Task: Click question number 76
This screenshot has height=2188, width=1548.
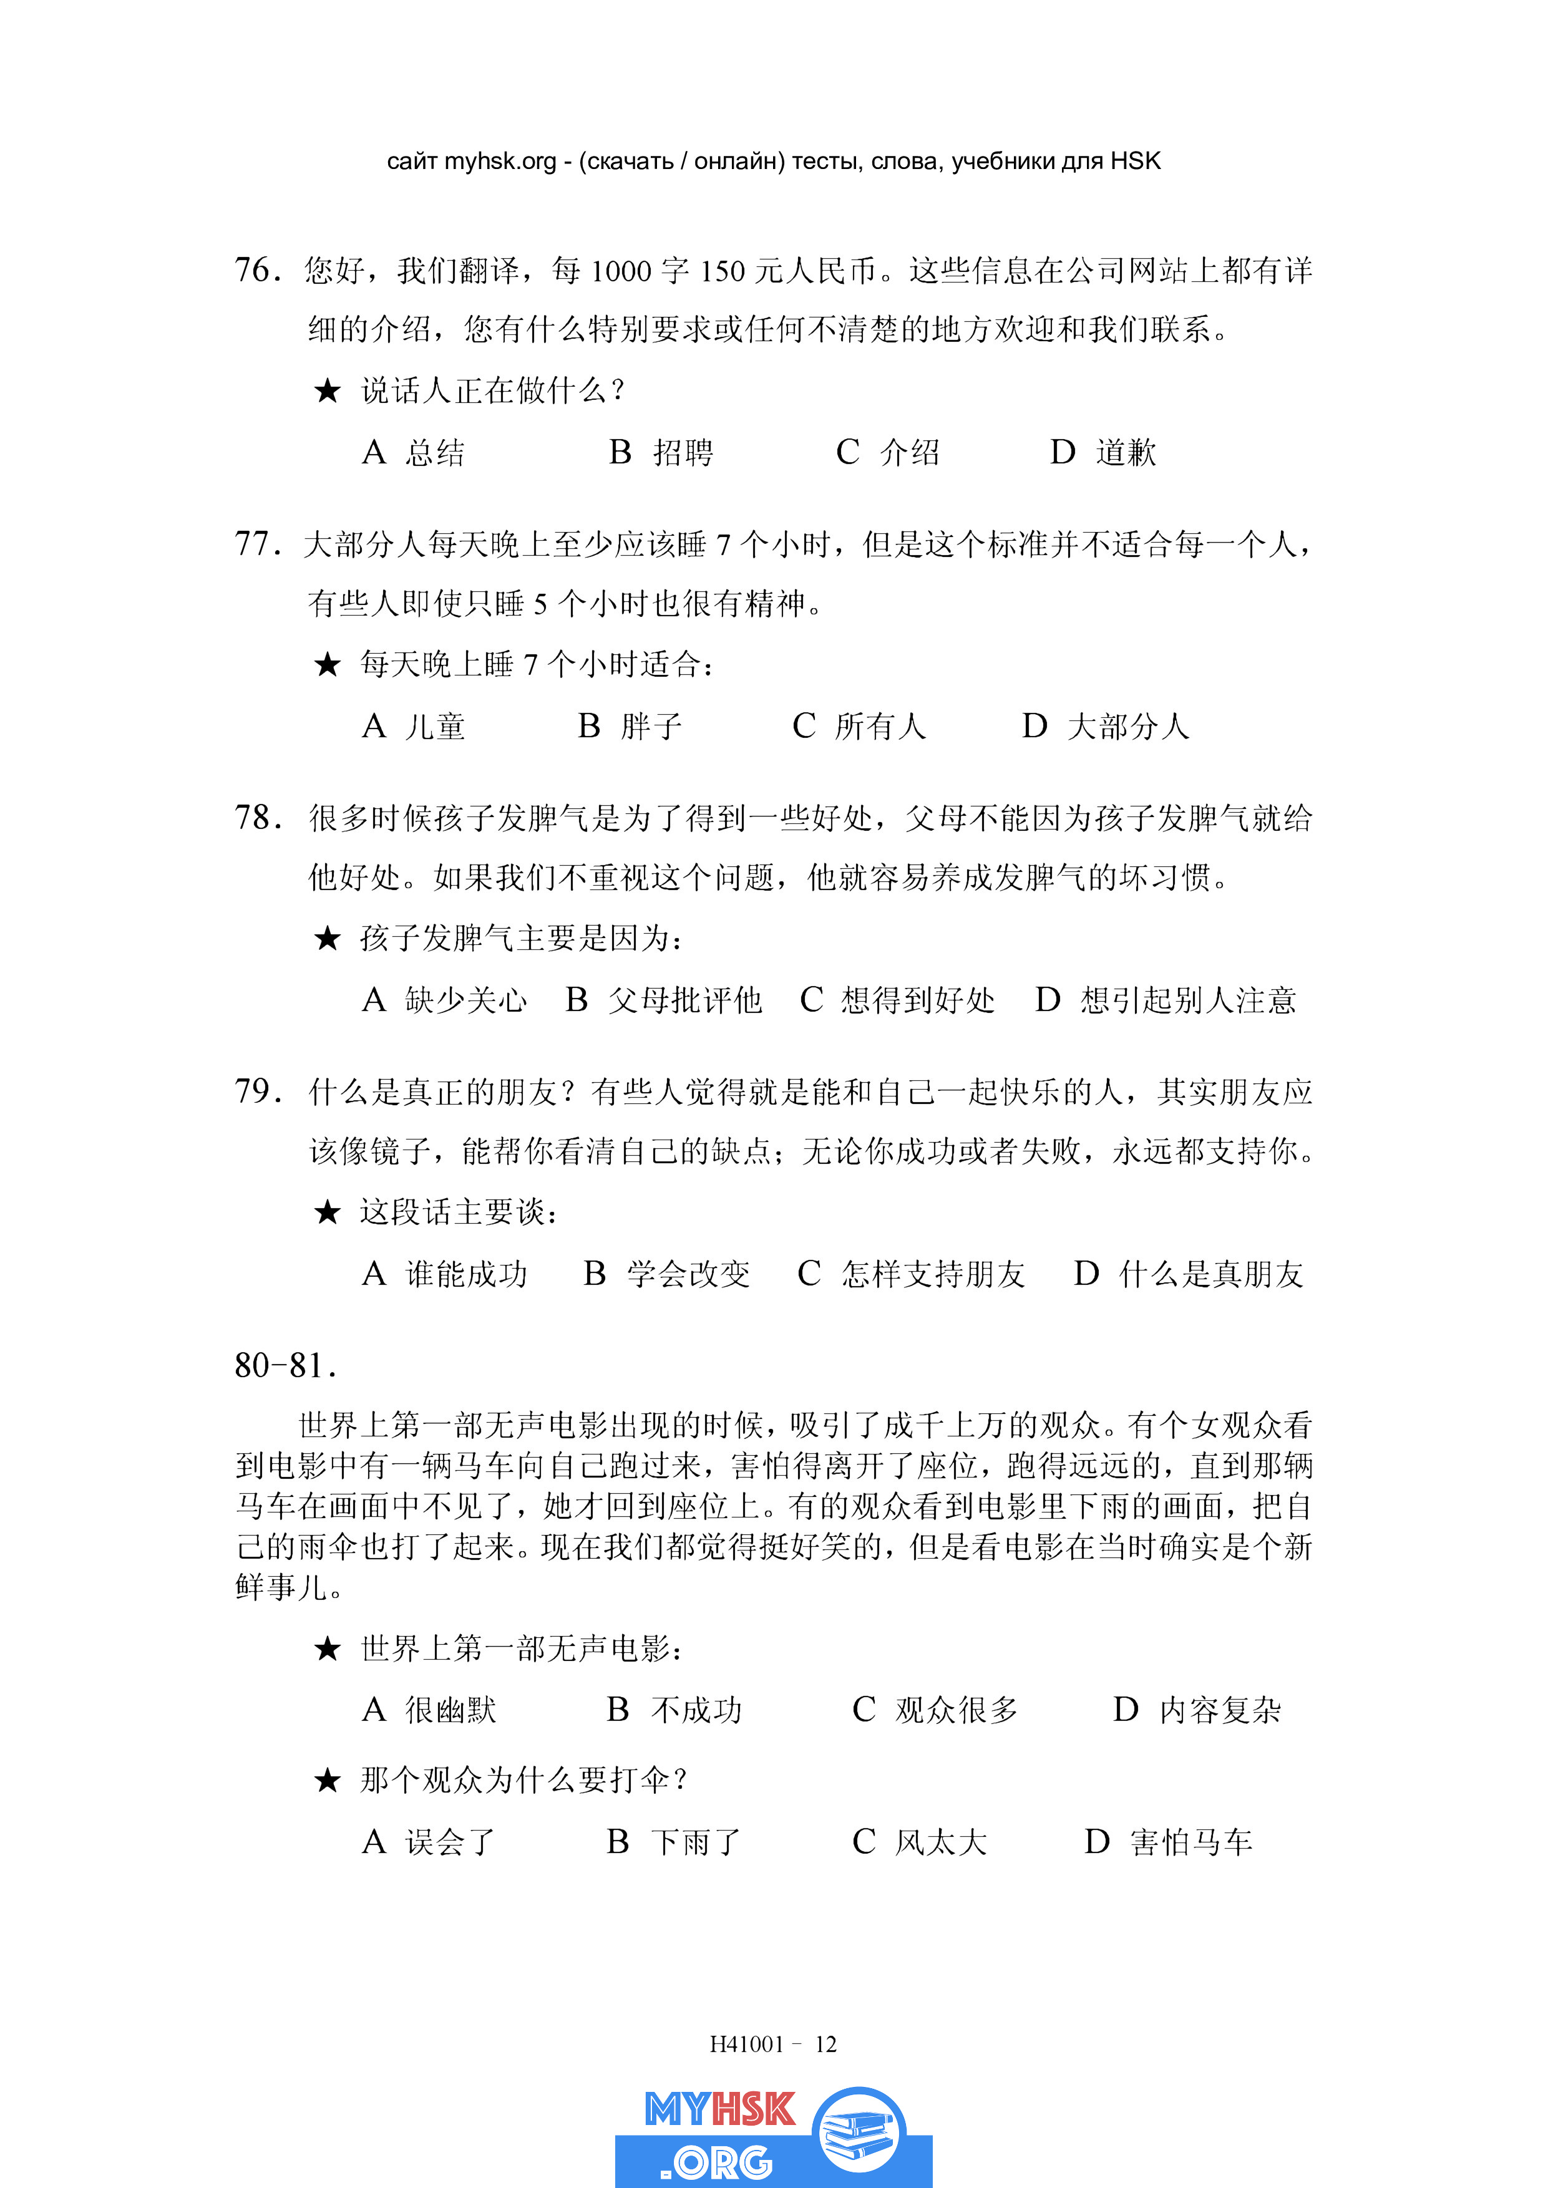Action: tap(256, 271)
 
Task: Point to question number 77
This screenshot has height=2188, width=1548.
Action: tap(256, 544)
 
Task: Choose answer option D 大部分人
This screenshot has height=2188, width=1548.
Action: tap(1106, 726)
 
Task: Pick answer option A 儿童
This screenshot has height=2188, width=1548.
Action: tap(414, 726)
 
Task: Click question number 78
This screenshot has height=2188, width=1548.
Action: tap(256, 818)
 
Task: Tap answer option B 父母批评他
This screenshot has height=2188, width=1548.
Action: tap(663, 1000)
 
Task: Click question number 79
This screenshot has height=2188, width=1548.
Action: tap(256, 1091)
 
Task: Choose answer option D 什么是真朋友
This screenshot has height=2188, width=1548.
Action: tap(1188, 1274)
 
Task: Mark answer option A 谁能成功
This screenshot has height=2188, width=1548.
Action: tap(444, 1274)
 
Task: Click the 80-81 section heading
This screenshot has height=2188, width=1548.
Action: tap(285, 1365)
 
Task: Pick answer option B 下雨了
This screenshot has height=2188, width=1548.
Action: tap(673, 1842)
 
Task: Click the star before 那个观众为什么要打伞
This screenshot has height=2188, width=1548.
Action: tap(327, 1780)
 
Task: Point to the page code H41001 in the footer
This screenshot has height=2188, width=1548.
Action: tap(746, 2044)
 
